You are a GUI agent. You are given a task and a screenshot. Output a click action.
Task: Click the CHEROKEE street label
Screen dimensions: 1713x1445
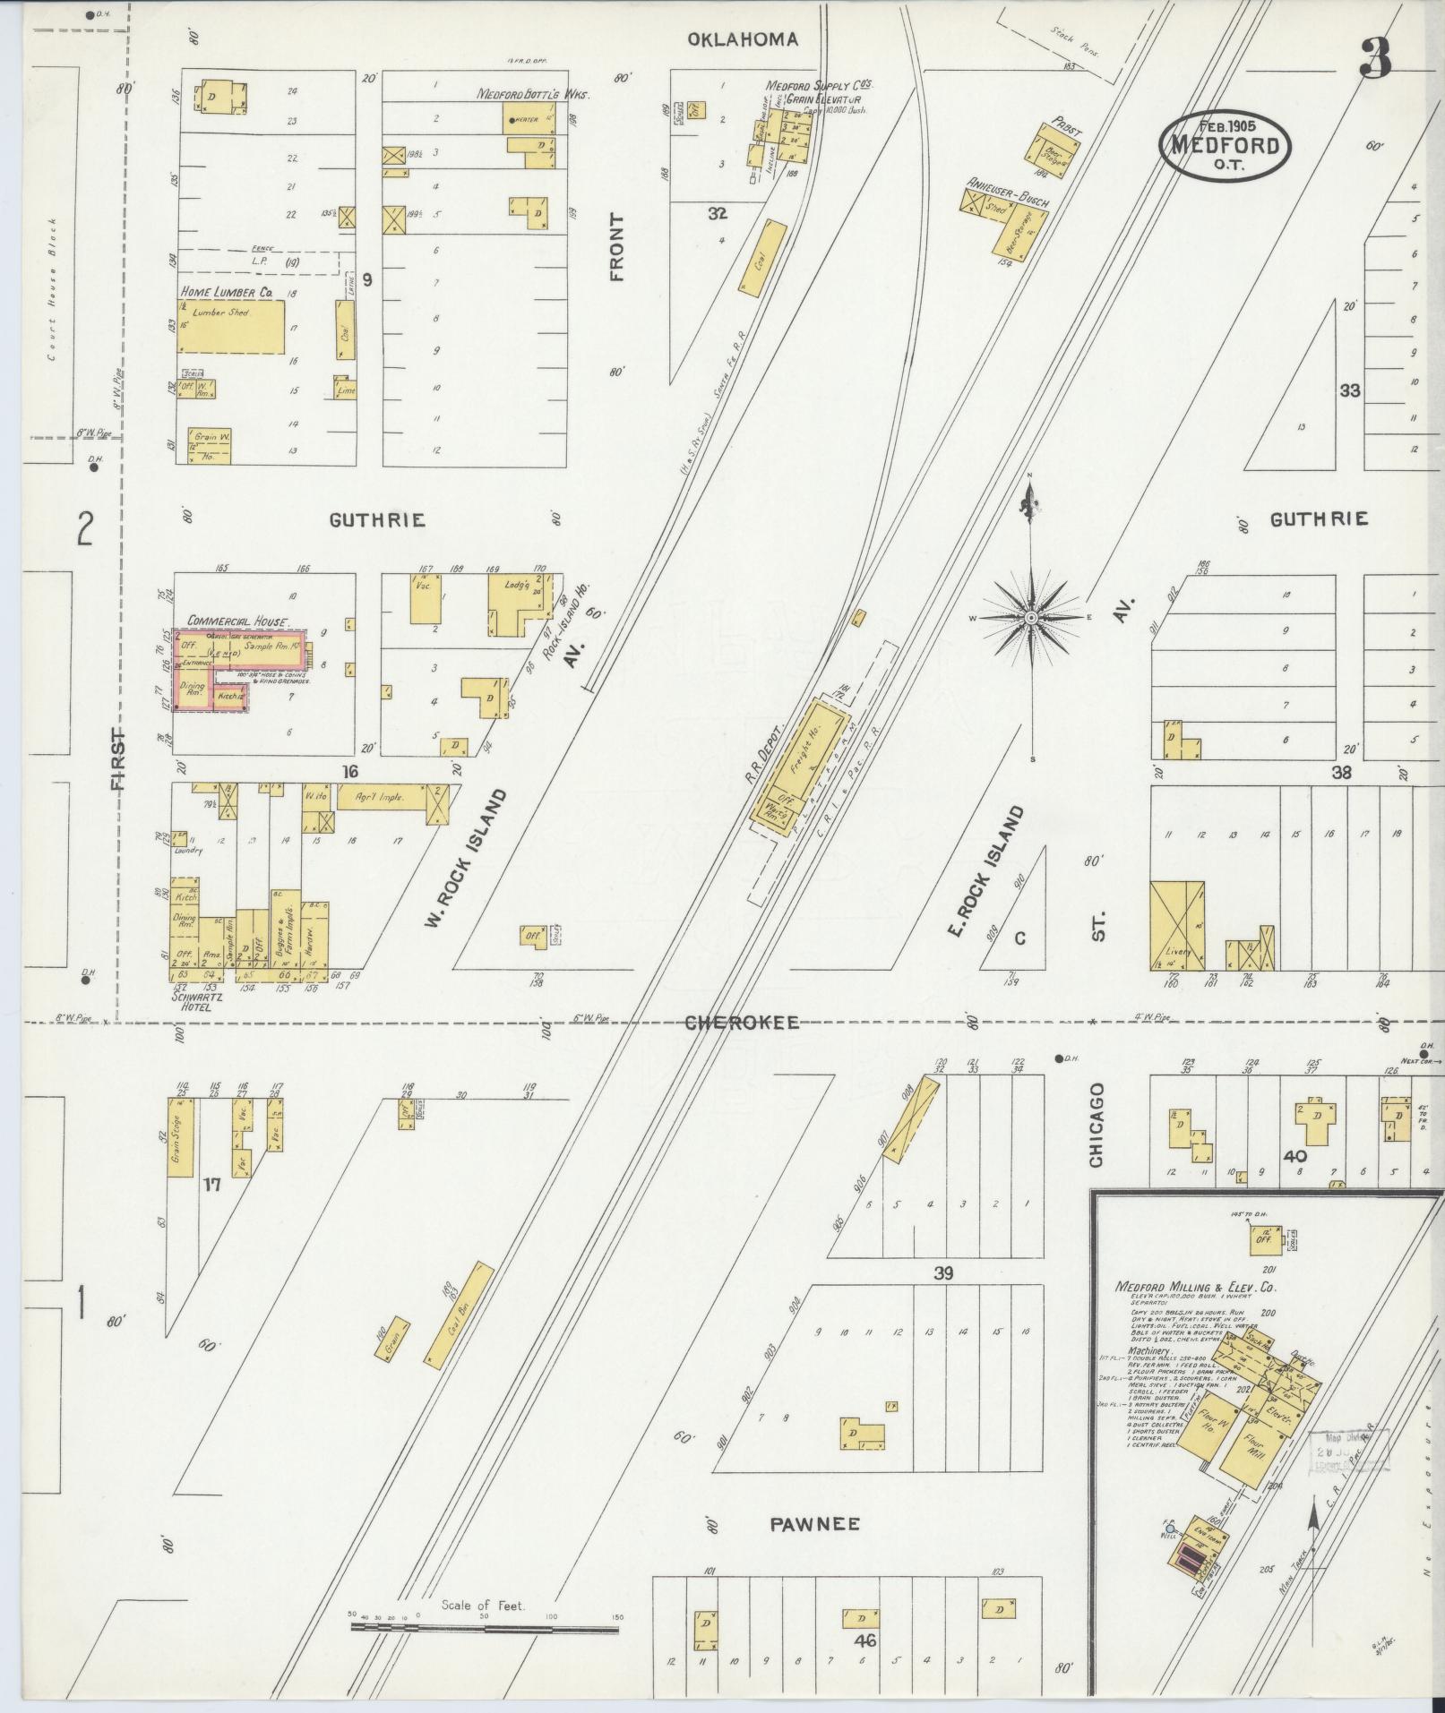(x=741, y=1023)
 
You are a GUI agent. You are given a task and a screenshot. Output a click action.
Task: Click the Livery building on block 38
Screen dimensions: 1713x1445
(x=1176, y=926)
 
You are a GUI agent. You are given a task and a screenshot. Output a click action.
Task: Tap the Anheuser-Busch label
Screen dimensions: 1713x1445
(x=1007, y=190)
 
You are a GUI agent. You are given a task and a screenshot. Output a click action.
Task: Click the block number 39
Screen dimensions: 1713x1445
(x=943, y=1274)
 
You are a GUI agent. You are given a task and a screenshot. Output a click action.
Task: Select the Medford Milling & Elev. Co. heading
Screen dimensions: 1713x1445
(x=1194, y=1288)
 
